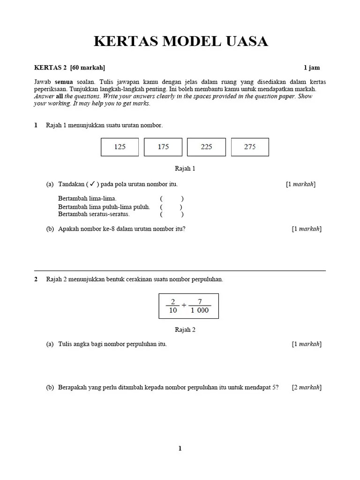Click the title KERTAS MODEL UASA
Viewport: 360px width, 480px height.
(x=180, y=41)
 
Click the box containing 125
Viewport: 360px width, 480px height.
(x=120, y=147)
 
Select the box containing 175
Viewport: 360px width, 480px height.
(x=163, y=147)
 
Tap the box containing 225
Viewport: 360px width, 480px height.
(x=206, y=147)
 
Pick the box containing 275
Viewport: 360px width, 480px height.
(x=250, y=147)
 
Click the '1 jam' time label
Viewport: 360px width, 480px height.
(x=312, y=68)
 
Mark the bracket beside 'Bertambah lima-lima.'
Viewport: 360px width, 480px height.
(x=171, y=199)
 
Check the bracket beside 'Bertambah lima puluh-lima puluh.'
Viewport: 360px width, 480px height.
(x=171, y=207)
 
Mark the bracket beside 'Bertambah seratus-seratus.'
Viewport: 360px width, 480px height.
(x=171, y=214)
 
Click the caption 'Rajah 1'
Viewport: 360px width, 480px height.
(x=185, y=169)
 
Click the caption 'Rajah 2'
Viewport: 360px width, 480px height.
(x=185, y=330)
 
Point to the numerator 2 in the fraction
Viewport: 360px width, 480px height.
(x=172, y=301)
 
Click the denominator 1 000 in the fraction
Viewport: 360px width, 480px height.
(x=200, y=310)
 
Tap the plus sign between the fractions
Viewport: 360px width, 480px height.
(x=184, y=306)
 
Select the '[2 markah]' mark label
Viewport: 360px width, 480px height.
(x=307, y=387)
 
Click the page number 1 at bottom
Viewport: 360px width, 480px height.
(x=180, y=449)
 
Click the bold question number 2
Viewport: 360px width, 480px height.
(x=36, y=279)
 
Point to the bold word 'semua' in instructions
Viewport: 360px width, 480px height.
(x=64, y=82)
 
